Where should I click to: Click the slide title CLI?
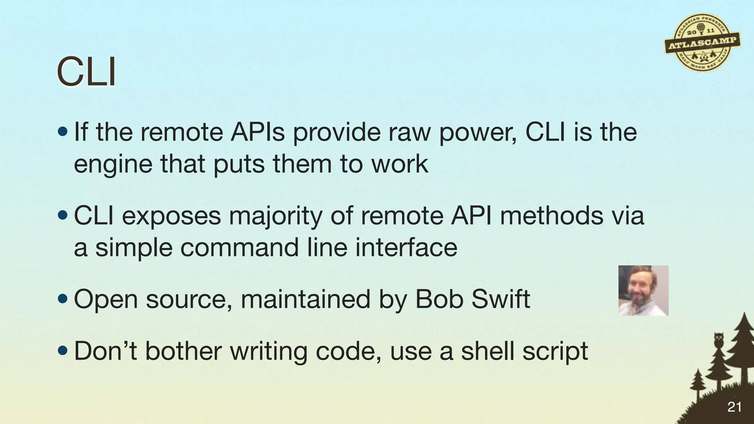pos(86,73)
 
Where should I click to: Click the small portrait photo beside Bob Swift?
pos(643,290)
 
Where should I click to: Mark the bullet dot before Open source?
pos(63,298)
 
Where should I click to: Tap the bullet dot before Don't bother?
pos(63,350)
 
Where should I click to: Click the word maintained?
pos(305,299)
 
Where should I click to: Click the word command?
pos(239,247)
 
